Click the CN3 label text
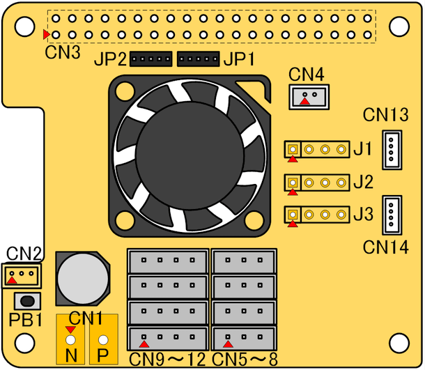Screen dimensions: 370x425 pyautogui.click(x=63, y=52)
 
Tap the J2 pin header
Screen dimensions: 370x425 pyautogui.click(x=317, y=183)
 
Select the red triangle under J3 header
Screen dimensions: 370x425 pyautogui.click(x=293, y=224)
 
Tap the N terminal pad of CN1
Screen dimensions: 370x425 pyautogui.click(x=70, y=341)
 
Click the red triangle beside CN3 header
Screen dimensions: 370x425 pyautogui.click(x=47, y=34)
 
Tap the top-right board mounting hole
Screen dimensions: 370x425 pyautogui.click(x=399, y=25)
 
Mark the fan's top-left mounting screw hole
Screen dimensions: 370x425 pyautogui.click(x=124, y=91)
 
